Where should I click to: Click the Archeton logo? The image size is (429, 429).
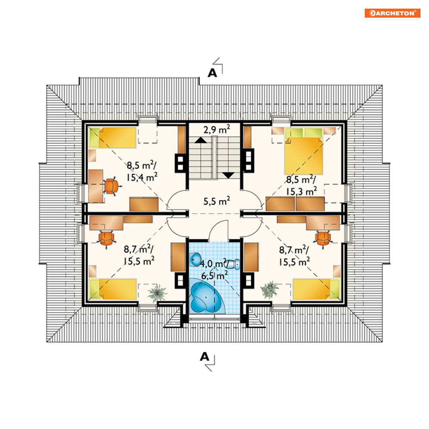pyautogui.click(x=392, y=13)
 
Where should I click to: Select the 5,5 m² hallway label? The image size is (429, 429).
pyautogui.click(x=217, y=201)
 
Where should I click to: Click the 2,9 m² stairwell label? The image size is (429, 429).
pyautogui.click(x=217, y=129)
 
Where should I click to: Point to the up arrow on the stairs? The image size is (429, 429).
pyautogui.click(x=201, y=140)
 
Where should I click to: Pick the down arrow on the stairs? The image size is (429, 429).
pyautogui.click(x=228, y=175)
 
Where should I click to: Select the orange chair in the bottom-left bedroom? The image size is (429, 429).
pyautogui.click(x=106, y=238)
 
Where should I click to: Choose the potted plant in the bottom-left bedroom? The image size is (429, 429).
pyautogui.click(x=157, y=293)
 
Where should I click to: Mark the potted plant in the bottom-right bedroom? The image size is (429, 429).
pyautogui.click(x=270, y=289)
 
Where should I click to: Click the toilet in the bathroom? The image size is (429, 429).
pyautogui.click(x=232, y=264)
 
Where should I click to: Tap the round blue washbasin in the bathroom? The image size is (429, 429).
pyautogui.click(x=196, y=259)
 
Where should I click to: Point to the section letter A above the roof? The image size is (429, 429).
pyautogui.click(x=212, y=73)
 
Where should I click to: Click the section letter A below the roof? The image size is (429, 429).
pyautogui.click(x=204, y=357)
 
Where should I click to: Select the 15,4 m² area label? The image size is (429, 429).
pyautogui.click(x=142, y=177)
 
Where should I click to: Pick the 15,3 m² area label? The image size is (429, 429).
pyautogui.click(x=301, y=191)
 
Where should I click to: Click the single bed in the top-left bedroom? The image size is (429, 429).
pyautogui.click(x=113, y=138)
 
